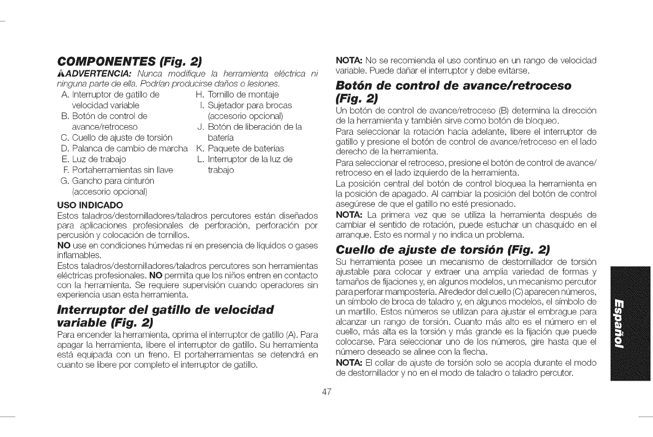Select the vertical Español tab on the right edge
click(631, 323)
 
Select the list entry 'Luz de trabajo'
click(99, 159)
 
